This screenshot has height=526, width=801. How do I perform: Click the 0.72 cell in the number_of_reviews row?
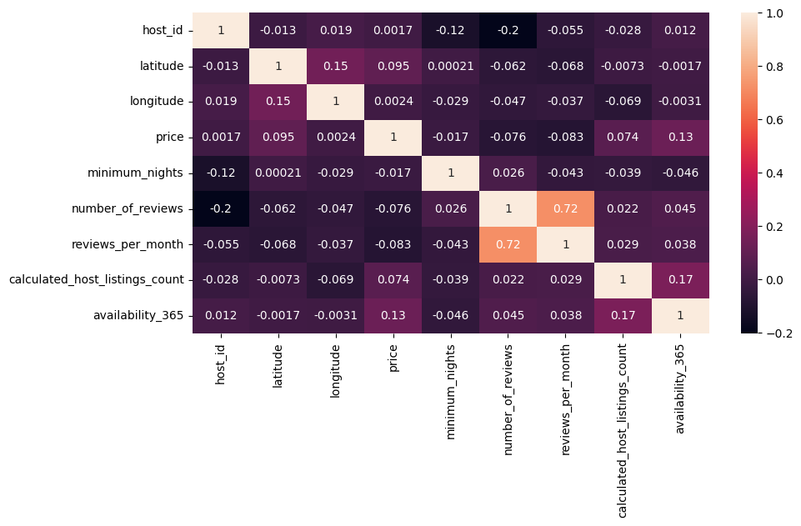[x=566, y=208]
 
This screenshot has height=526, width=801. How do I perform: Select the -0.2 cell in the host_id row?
[x=508, y=31]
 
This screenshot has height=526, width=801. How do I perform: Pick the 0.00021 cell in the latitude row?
[x=451, y=66]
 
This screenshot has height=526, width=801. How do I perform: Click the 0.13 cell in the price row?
[x=681, y=137]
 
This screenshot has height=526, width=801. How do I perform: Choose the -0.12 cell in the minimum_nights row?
[x=221, y=173]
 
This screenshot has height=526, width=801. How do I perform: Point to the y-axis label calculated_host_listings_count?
[x=97, y=279]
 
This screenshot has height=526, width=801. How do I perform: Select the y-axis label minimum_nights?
[x=135, y=173]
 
